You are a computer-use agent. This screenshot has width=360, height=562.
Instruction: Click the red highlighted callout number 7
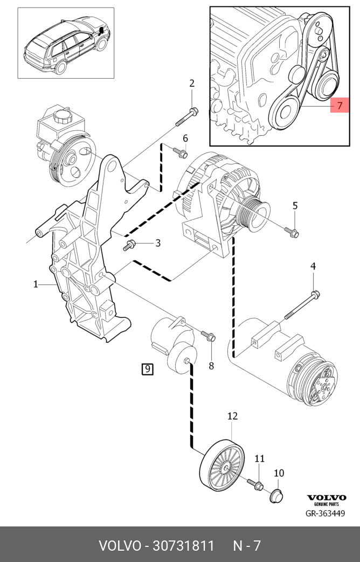pos(340,106)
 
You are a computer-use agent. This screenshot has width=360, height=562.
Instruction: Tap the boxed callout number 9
pos(147,370)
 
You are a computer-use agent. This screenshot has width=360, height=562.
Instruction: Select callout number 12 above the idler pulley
pos(232,416)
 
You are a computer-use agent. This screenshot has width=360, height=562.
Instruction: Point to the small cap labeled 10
pos(276,494)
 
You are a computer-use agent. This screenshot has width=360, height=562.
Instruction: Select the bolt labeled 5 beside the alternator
pos(292,232)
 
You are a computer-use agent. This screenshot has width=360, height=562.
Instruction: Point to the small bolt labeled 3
pos(130,246)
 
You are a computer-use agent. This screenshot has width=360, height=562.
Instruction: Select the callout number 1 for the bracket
pos(36,284)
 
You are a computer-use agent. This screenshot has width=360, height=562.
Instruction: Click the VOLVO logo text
pos(327,497)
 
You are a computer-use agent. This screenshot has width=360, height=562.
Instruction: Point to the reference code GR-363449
pos(326,514)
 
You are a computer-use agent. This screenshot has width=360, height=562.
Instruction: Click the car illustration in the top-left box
pos(66,44)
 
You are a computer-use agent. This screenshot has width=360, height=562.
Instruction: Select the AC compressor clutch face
pos(322,384)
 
